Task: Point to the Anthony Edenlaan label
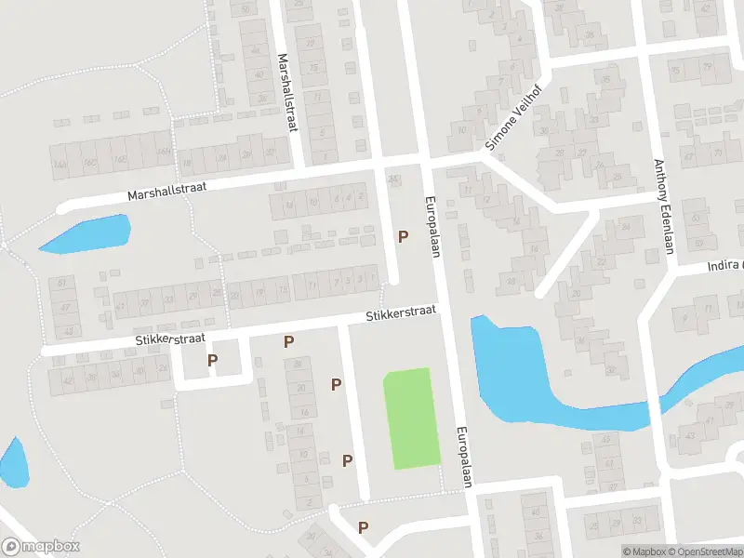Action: [x=663, y=205]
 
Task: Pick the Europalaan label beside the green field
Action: [x=466, y=456]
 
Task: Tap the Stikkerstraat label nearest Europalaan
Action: [x=400, y=316]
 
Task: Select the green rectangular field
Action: [x=413, y=418]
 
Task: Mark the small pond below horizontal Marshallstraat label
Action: [x=86, y=235]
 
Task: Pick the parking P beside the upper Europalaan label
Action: [x=403, y=237]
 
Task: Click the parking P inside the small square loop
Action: [x=213, y=361]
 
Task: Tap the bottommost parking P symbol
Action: [x=363, y=527]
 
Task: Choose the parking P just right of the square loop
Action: [x=288, y=342]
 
